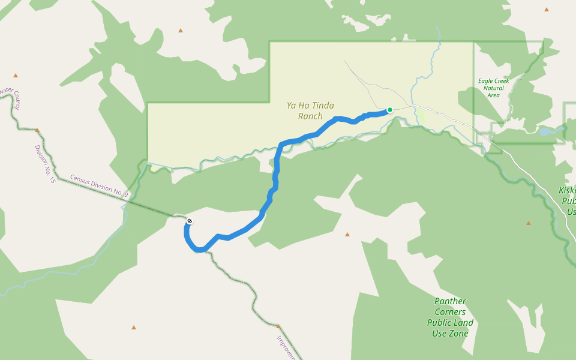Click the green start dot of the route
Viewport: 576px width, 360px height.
pyautogui.click(x=389, y=110)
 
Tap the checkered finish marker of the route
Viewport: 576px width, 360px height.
pyautogui.click(x=190, y=221)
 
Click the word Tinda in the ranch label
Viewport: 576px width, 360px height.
pyautogui.click(x=322, y=105)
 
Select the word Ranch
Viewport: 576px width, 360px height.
pyautogui.click(x=310, y=116)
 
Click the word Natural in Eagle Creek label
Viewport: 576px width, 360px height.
pyautogui.click(x=493, y=88)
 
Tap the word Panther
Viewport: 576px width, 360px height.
pyautogui.click(x=450, y=301)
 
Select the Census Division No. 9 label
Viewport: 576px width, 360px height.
pyautogui.click(x=99, y=185)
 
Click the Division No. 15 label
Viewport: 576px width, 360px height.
pyautogui.click(x=44, y=164)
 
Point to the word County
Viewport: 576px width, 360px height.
pyautogui.click(x=16, y=100)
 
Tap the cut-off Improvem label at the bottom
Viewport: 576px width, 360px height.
pyautogui.click(x=286, y=347)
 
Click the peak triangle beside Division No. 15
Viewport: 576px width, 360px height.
pyautogui.click(x=37, y=130)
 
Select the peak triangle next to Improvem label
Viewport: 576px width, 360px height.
pyautogui.click(x=278, y=326)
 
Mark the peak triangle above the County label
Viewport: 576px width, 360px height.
pyautogui.click(x=16, y=76)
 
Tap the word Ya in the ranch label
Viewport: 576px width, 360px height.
pyautogui.click(x=292, y=105)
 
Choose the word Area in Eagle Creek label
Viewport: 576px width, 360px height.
pyautogui.click(x=493, y=95)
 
